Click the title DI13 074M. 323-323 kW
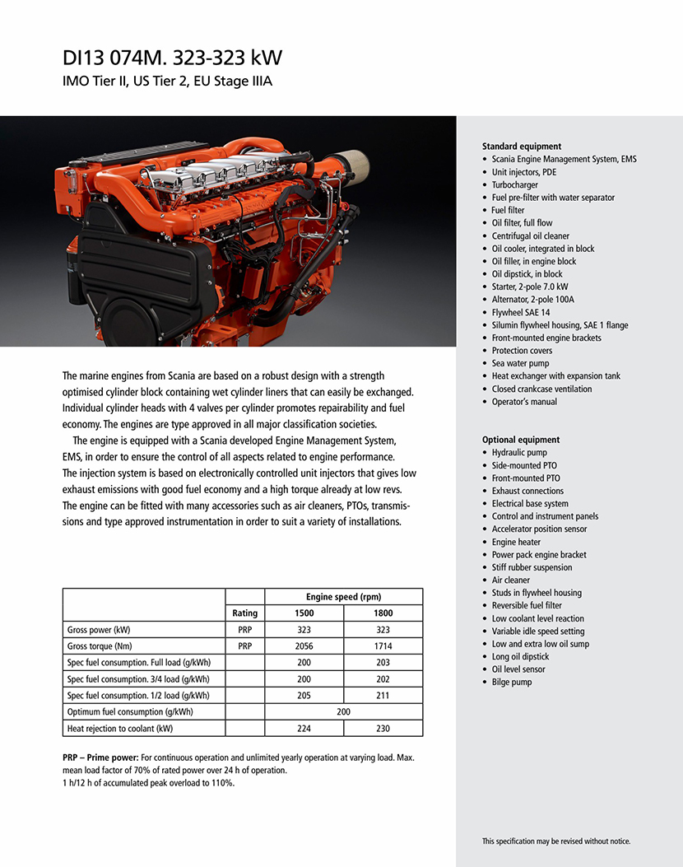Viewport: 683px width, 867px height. point(173,58)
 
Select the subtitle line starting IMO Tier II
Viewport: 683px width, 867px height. point(167,82)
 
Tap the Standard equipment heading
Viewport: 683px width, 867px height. point(522,147)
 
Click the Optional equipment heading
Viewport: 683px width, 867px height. point(521,440)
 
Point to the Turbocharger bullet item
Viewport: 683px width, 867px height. point(514,185)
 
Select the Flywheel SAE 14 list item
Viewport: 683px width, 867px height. point(521,313)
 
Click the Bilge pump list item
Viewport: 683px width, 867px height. point(512,683)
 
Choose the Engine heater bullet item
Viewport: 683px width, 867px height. point(516,542)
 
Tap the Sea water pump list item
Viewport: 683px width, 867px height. point(520,364)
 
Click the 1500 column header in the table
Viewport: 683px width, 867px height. point(304,613)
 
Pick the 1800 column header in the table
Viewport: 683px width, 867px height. point(383,613)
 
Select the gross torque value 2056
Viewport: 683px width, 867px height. point(304,646)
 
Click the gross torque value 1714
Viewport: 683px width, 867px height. point(383,646)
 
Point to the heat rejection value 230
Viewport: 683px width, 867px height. point(383,729)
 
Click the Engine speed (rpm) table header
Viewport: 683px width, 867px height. point(343,597)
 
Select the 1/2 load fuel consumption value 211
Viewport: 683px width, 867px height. point(383,696)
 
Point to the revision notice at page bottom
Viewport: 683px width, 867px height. point(556,841)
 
